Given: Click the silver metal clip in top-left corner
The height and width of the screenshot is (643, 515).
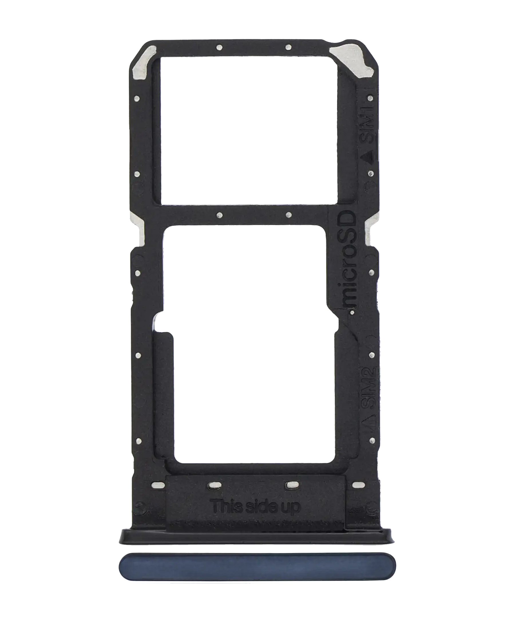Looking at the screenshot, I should pyautogui.click(x=140, y=66).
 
